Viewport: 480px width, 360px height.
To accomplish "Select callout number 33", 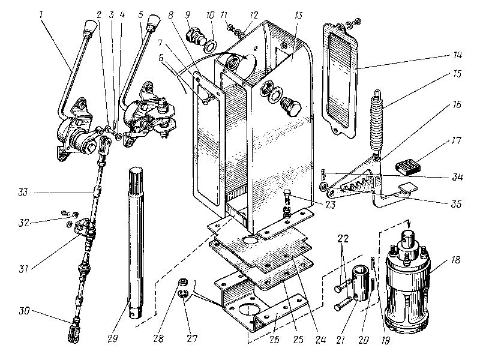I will (23, 192).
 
